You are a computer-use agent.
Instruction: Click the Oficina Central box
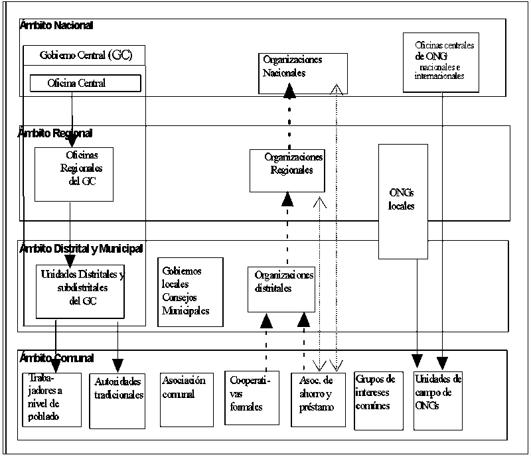click(85, 83)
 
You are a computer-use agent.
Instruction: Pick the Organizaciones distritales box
click(281, 289)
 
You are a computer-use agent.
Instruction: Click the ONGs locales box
click(402, 201)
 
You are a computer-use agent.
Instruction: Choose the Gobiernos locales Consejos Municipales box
click(190, 291)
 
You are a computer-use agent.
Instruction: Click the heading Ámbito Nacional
click(56, 26)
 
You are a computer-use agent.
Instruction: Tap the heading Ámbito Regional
click(56, 133)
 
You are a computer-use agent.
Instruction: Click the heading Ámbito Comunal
click(56, 358)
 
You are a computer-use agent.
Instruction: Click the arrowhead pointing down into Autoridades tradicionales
click(117, 365)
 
